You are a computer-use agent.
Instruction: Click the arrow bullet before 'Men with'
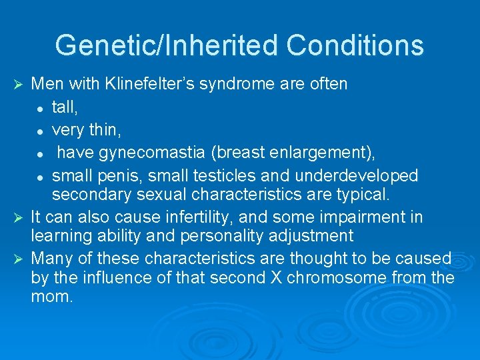pyautogui.click(x=19, y=84)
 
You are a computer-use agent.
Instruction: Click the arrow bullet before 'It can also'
pyautogui.click(x=19, y=217)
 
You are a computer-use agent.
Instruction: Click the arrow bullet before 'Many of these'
pyautogui.click(x=19, y=259)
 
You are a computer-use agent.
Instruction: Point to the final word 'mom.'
pyautogui.click(x=52, y=297)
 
